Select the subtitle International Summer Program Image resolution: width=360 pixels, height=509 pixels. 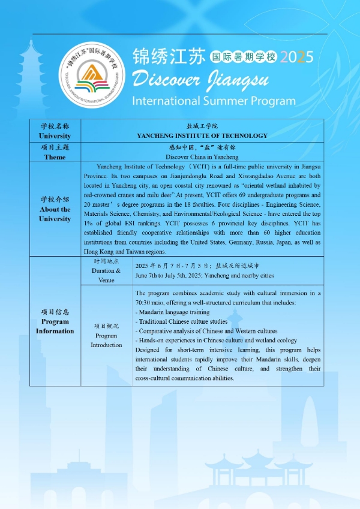pos(214,100)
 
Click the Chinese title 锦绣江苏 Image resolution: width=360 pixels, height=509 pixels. pos(170,56)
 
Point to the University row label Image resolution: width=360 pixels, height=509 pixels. pos(55,131)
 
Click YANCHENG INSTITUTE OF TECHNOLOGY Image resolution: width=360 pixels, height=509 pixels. pos(202,136)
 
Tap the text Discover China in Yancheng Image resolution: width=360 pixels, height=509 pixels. pos(202,156)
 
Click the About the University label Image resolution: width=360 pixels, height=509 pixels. pos(55,209)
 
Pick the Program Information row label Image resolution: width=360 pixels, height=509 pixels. pos(55,321)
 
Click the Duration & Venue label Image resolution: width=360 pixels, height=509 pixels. pos(106,270)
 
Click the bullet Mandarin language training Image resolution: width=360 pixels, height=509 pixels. pos(173,312)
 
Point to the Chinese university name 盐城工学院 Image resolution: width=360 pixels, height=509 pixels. pos(202,127)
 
